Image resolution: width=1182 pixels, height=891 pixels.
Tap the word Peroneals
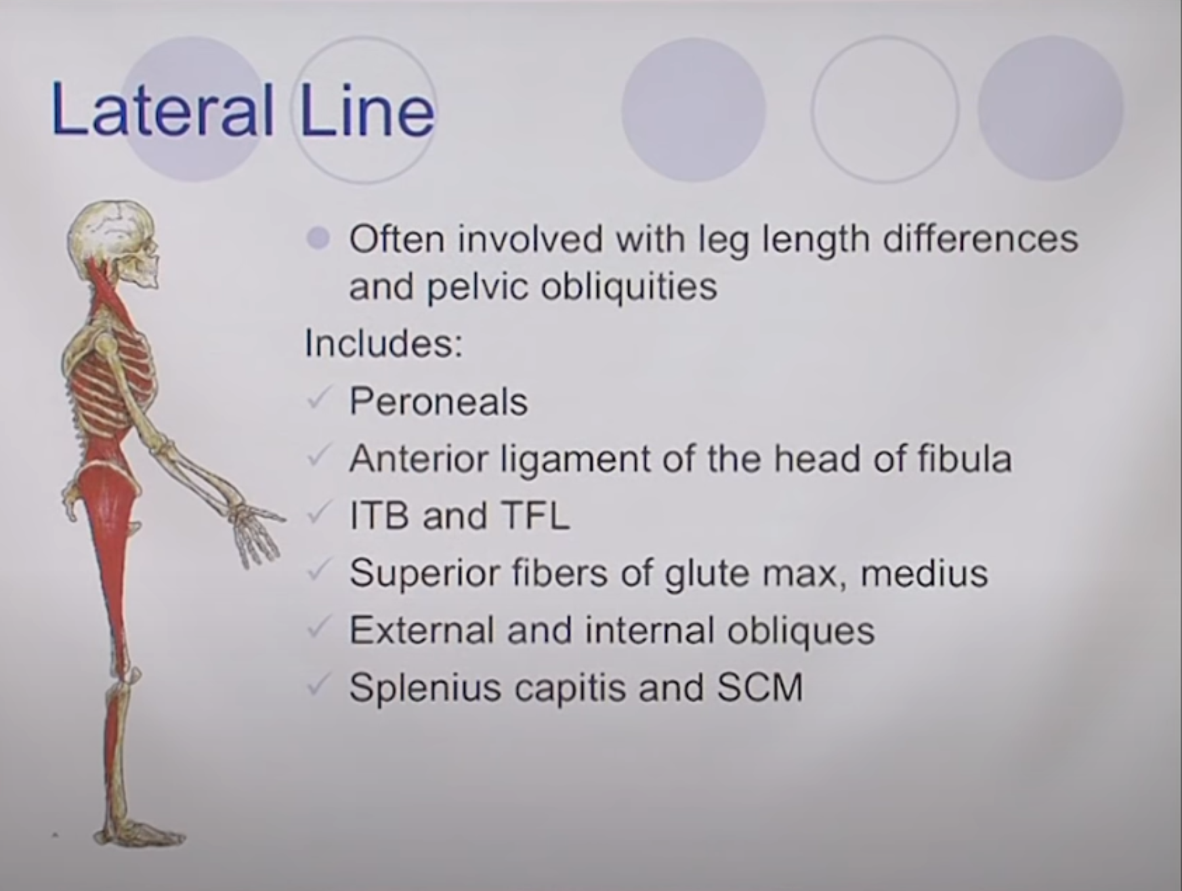click(x=438, y=401)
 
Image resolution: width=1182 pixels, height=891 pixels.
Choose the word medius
click(x=923, y=573)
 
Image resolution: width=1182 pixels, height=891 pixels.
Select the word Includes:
click(x=383, y=343)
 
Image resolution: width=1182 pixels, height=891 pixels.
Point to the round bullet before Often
click(x=318, y=239)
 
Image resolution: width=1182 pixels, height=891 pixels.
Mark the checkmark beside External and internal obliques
click(x=318, y=628)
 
